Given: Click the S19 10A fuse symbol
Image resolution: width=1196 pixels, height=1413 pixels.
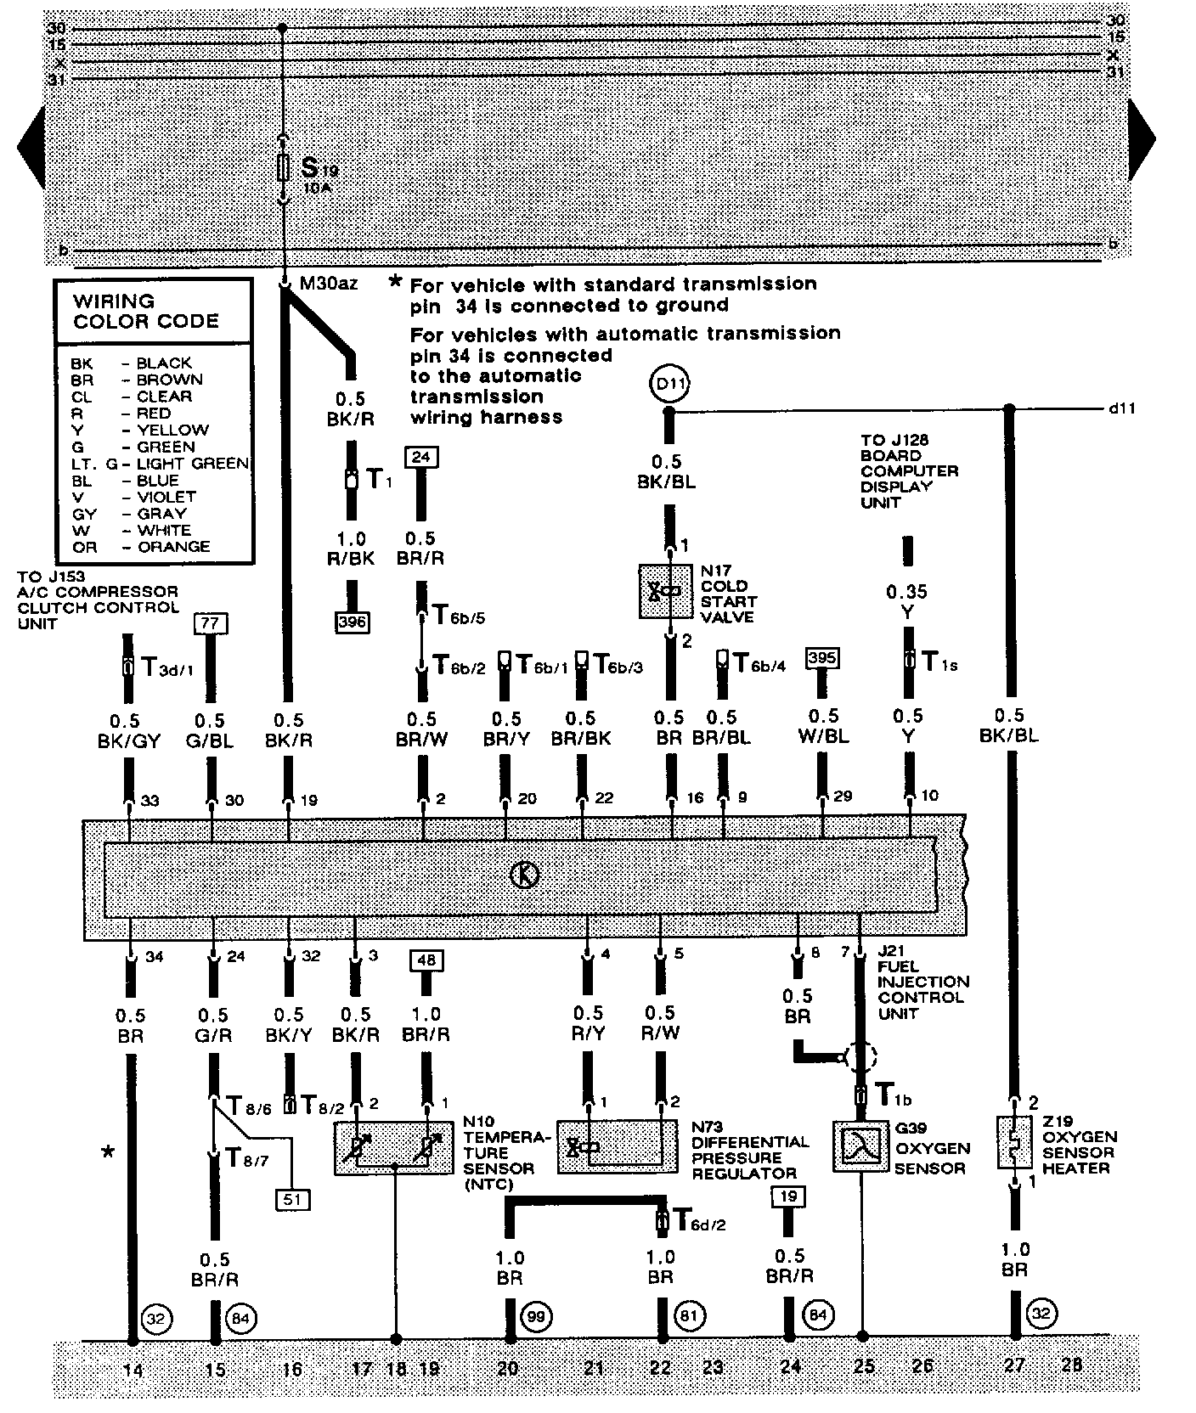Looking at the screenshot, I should point(284,168).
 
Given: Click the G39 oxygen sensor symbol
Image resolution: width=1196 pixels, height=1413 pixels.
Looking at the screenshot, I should point(860,1146).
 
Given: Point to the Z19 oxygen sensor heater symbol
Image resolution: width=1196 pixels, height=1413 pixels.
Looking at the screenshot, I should point(1010,1142).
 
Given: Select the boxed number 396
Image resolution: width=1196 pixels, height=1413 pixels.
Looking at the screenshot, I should point(353,622).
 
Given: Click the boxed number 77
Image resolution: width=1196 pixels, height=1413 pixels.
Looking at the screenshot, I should point(211,622).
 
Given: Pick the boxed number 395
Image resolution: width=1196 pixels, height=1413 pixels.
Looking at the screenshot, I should point(822,658).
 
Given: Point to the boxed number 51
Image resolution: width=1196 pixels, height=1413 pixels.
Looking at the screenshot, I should point(292,1199).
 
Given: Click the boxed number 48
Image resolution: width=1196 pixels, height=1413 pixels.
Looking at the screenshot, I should point(426,960).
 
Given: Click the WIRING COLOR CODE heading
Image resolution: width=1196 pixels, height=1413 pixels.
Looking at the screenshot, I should point(145,312).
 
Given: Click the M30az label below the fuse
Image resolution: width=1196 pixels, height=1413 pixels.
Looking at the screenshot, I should point(329,284).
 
